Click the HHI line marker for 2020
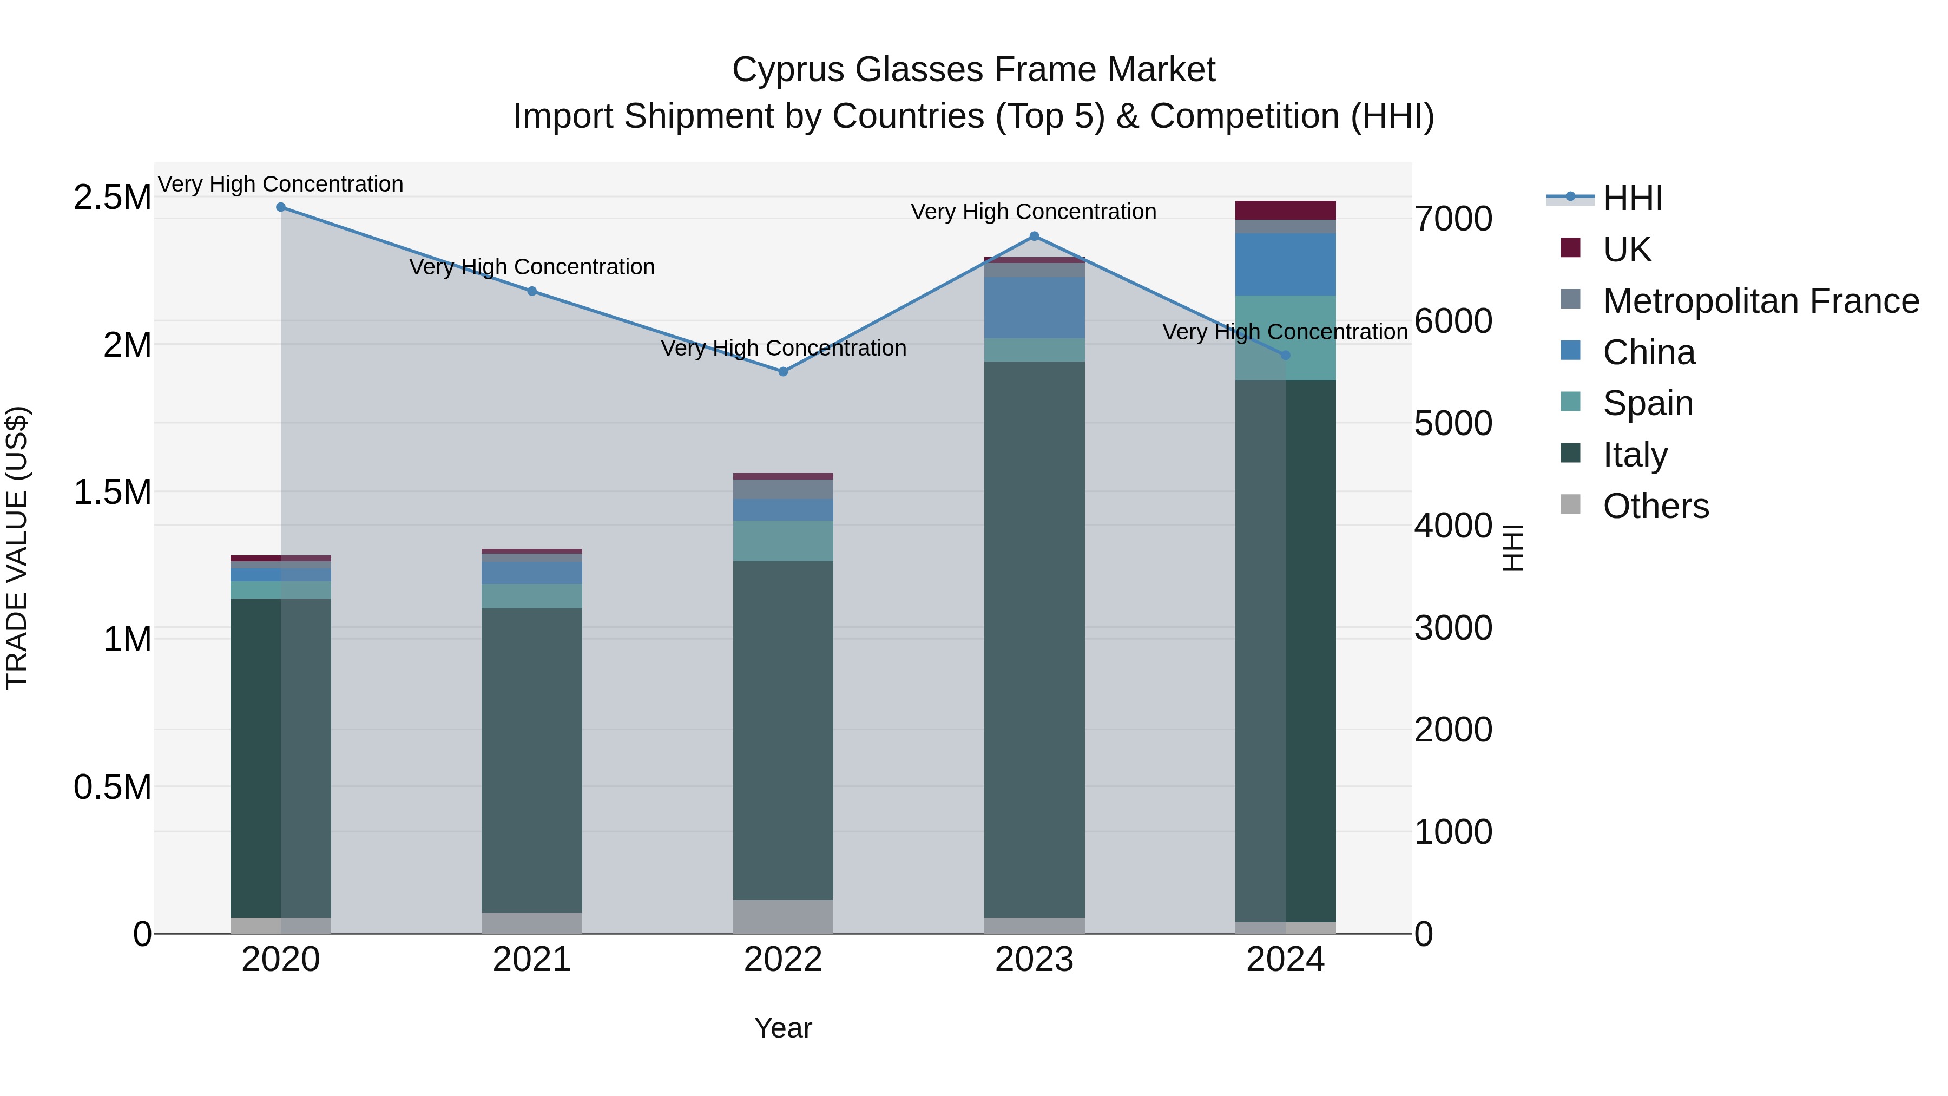(280, 207)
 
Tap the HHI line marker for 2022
(784, 371)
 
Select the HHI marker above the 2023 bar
(1035, 236)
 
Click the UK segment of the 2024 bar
(1286, 211)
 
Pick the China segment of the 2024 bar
(1286, 264)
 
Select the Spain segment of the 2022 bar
(784, 540)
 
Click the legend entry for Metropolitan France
(1760, 301)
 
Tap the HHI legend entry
(1632, 198)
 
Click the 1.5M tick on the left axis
(113, 493)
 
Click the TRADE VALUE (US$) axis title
(17, 548)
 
